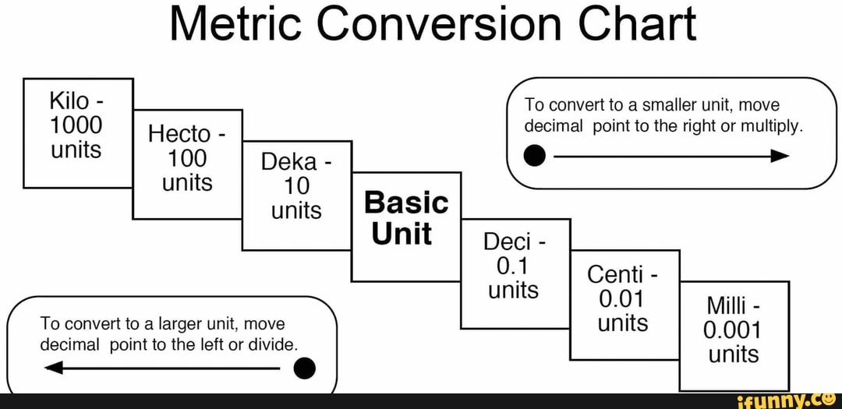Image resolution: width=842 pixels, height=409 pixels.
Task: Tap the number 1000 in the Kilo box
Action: (x=77, y=125)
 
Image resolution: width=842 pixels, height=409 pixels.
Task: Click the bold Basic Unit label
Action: (x=405, y=218)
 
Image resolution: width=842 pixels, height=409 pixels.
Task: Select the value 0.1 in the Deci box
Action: (x=512, y=266)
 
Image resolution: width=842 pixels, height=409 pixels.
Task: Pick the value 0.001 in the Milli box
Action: (x=733, y=331)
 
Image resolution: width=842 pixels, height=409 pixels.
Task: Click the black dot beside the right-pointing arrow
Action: (x=534, y=156)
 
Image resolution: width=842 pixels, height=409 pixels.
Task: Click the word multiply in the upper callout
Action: (x=773, y=127)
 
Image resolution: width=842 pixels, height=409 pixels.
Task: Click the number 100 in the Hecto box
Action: (x=187, y=159)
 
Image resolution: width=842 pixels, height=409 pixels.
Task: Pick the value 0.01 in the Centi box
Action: (x=622, y=299)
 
